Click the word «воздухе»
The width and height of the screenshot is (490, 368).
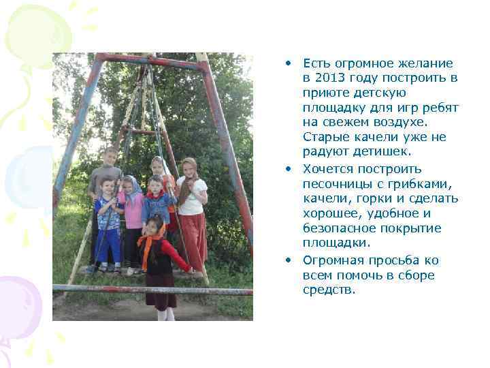pos(414,123)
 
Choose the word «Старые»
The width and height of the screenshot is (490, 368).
pos(323,138)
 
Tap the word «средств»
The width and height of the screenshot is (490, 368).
pos(329,290)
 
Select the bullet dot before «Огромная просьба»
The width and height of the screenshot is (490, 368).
pos(289,260)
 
